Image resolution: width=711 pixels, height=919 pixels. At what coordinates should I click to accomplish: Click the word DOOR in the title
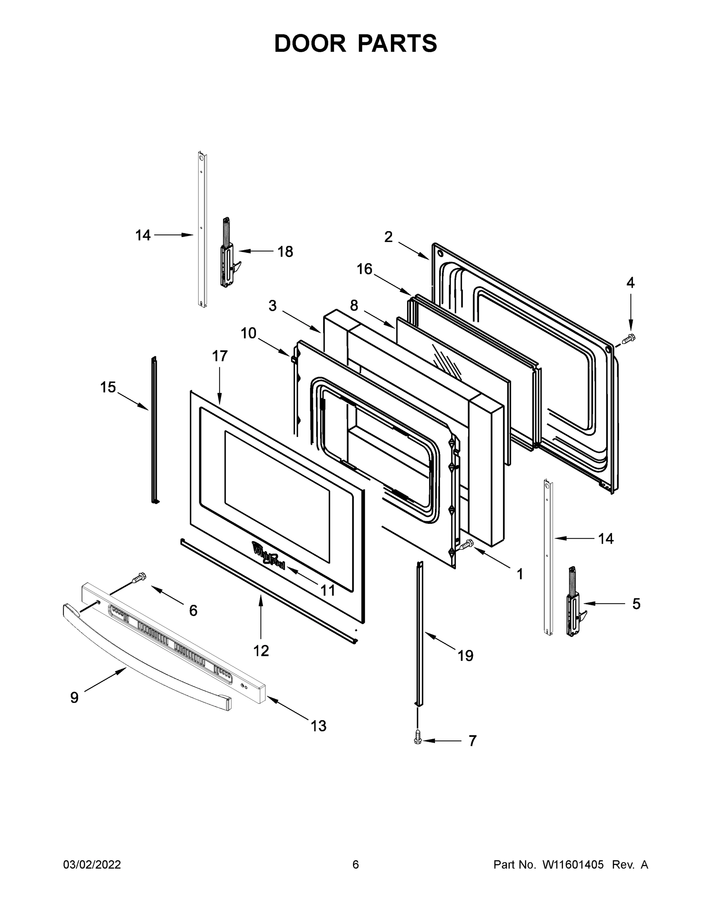pos(310,43)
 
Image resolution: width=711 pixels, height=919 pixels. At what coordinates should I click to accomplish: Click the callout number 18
pos(285,252)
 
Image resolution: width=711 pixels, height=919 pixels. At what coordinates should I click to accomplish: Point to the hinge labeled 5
pos(574,604)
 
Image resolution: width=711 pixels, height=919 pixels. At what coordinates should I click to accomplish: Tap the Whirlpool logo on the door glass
pos(268,556)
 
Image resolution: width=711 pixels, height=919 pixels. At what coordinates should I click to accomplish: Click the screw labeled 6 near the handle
pos(138,578)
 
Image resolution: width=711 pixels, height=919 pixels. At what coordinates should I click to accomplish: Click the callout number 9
pos(74,698)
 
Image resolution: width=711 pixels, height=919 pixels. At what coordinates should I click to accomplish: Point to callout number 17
pos(220,356)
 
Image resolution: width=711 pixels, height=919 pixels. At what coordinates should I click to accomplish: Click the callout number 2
pos(388,237)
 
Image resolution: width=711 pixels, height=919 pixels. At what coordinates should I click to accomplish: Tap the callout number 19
pos(465,655)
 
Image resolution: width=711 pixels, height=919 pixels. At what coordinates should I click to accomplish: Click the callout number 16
pos(365,269)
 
